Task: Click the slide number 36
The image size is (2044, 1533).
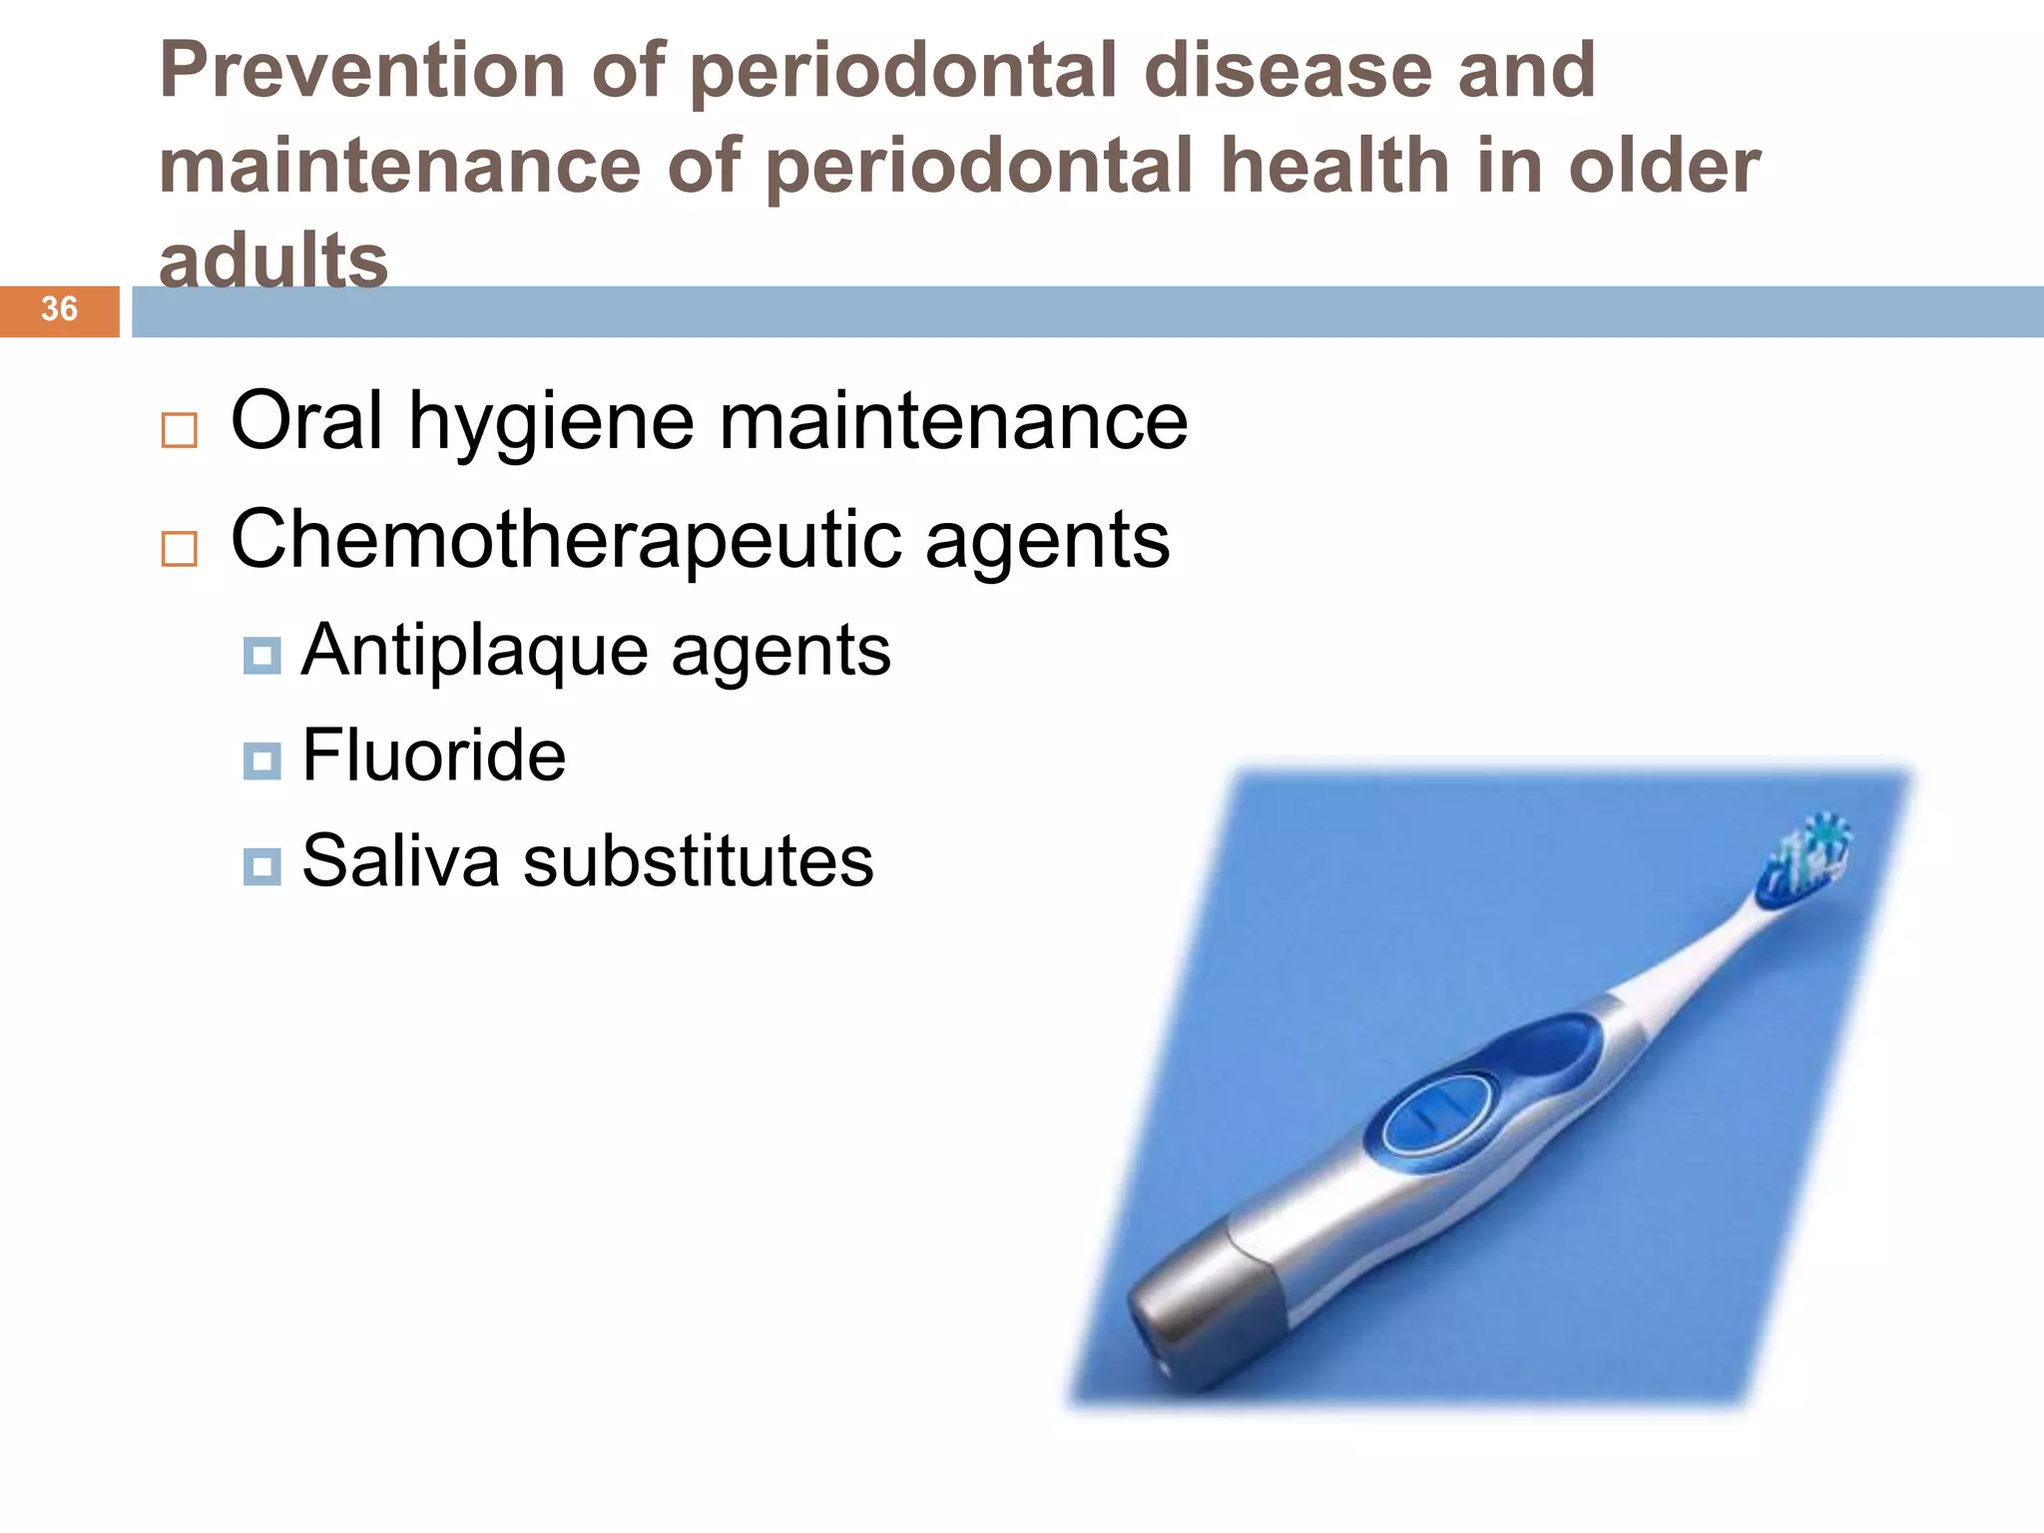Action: click(59, 309)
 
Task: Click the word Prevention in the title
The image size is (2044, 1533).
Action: click(362, 71)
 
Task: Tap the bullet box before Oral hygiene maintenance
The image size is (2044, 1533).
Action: click(180, 430)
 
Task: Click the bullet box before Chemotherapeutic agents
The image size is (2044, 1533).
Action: click(180, 548)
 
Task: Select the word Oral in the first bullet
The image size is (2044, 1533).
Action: click(306, 420)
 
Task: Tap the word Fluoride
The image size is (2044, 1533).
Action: click(433, 755)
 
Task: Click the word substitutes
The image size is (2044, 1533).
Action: click(698, 860)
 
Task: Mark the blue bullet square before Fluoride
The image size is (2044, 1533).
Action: click(261, 761)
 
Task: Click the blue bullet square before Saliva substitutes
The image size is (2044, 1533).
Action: click(261, 866)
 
